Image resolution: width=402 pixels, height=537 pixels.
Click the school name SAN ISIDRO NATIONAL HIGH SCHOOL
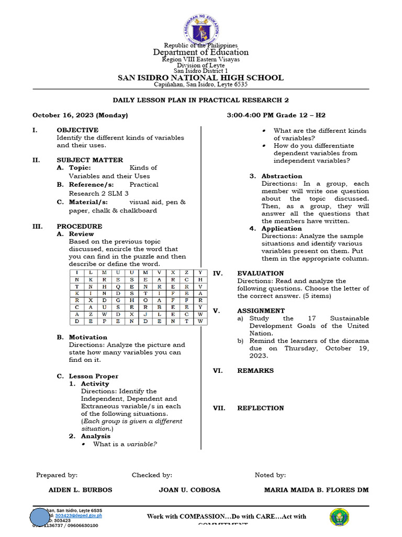coord(200,78)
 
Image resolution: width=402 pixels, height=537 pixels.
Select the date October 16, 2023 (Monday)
coord(80,115)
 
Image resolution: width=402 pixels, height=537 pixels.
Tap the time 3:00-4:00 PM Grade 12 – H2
coord(276,115)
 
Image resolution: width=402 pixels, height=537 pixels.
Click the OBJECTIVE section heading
coord(77,130)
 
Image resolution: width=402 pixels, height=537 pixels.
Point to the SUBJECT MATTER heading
coord(90,160)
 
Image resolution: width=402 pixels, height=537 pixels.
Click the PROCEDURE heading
coord(79,227)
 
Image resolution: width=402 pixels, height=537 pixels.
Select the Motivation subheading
coord(88,337)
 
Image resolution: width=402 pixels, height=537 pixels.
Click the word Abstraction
coord(282,176)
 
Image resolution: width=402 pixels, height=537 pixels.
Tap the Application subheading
coord(282,229)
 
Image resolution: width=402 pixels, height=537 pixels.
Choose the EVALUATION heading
coord(260,273)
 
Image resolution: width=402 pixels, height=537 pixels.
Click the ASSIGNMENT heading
coord(261,311)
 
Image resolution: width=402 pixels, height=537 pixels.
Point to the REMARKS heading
coord(255,371)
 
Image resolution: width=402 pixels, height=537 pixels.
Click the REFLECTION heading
coord(260,408)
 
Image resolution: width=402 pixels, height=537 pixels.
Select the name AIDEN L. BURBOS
coord(80,490)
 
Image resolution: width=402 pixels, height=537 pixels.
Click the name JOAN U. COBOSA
coord(189,490)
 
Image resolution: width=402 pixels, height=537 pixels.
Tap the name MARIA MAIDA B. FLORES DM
coord(317,490)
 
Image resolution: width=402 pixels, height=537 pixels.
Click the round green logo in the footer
coord(340,517)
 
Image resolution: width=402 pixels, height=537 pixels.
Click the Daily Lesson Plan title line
coord(201,100)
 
